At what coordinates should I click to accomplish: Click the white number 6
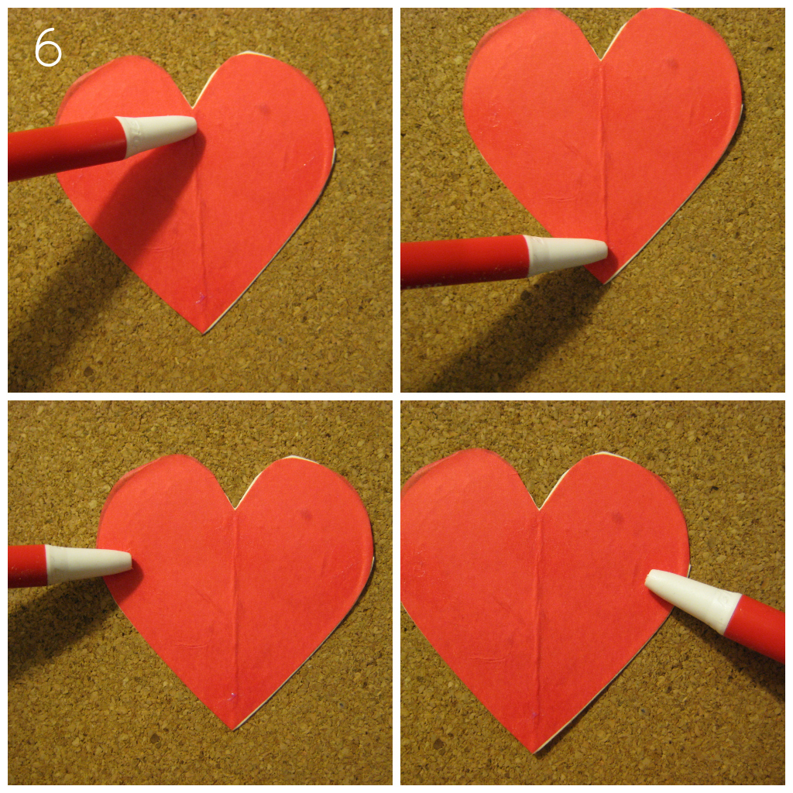(47, 49)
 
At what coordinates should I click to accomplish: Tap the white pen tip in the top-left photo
(159, 133)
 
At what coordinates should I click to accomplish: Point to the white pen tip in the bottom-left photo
(88, 563)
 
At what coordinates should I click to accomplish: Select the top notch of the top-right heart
(601, 60)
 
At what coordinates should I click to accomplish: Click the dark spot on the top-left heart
(263, 109)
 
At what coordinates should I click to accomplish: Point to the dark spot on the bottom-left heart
(306, 514)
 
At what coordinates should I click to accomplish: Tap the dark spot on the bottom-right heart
(617, 517)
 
